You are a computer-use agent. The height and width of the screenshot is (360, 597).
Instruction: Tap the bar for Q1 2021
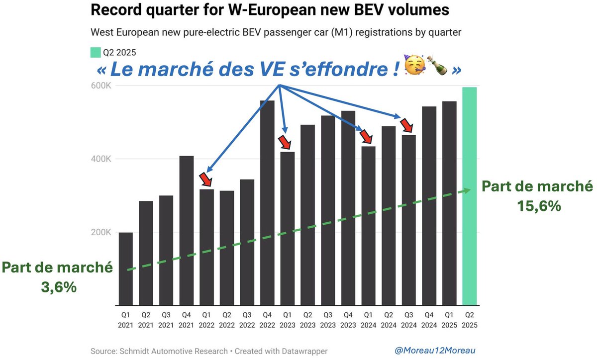[x=126, y=269]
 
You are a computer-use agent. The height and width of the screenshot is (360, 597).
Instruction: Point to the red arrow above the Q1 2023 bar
[x=286, y=142]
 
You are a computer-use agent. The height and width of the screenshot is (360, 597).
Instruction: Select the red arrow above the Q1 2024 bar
[x=367, y=136]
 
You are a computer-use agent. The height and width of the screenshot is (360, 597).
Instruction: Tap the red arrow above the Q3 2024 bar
[x=407, y=124]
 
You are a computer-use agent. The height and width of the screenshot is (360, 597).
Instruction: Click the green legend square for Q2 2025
[x=95, y=53]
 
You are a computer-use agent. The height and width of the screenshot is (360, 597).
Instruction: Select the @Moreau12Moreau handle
[x=435, y=351]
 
